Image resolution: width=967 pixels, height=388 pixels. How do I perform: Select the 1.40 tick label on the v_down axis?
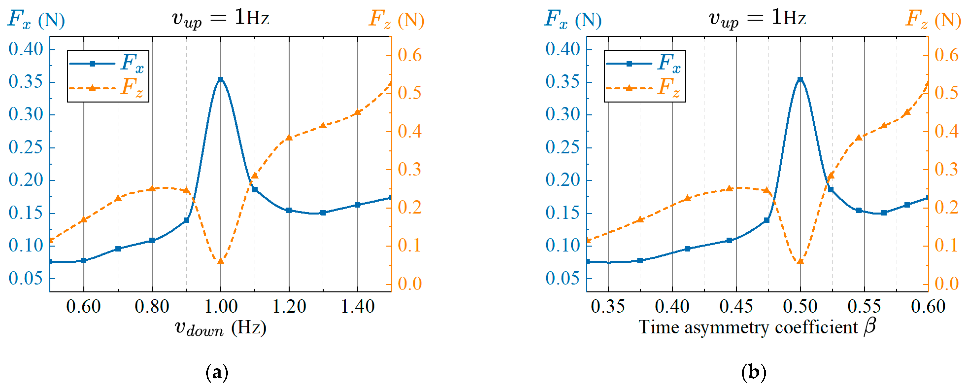[357, 306]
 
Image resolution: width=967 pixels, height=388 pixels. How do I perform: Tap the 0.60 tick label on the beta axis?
[928, 306]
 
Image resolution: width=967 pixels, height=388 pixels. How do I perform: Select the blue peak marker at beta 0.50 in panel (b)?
[800, 80]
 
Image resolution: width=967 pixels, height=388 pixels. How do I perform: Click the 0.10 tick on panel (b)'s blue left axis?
[563, 246]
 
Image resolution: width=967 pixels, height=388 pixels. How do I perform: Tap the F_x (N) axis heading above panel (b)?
[572, 19]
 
